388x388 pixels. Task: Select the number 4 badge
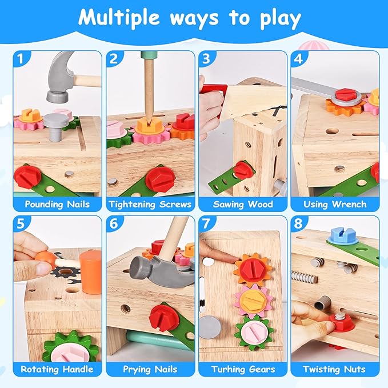298,58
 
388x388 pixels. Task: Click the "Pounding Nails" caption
57,204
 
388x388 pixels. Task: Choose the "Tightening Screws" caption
149,204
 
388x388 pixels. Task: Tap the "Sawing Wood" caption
242,204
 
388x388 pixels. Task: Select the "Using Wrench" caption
334,204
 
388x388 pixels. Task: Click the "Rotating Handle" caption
57,369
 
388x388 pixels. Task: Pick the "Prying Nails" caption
149,369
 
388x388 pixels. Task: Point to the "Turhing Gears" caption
242,369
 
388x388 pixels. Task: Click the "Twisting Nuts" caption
334,369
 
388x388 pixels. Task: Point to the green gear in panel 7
253,330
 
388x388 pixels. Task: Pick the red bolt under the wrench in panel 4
346,95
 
